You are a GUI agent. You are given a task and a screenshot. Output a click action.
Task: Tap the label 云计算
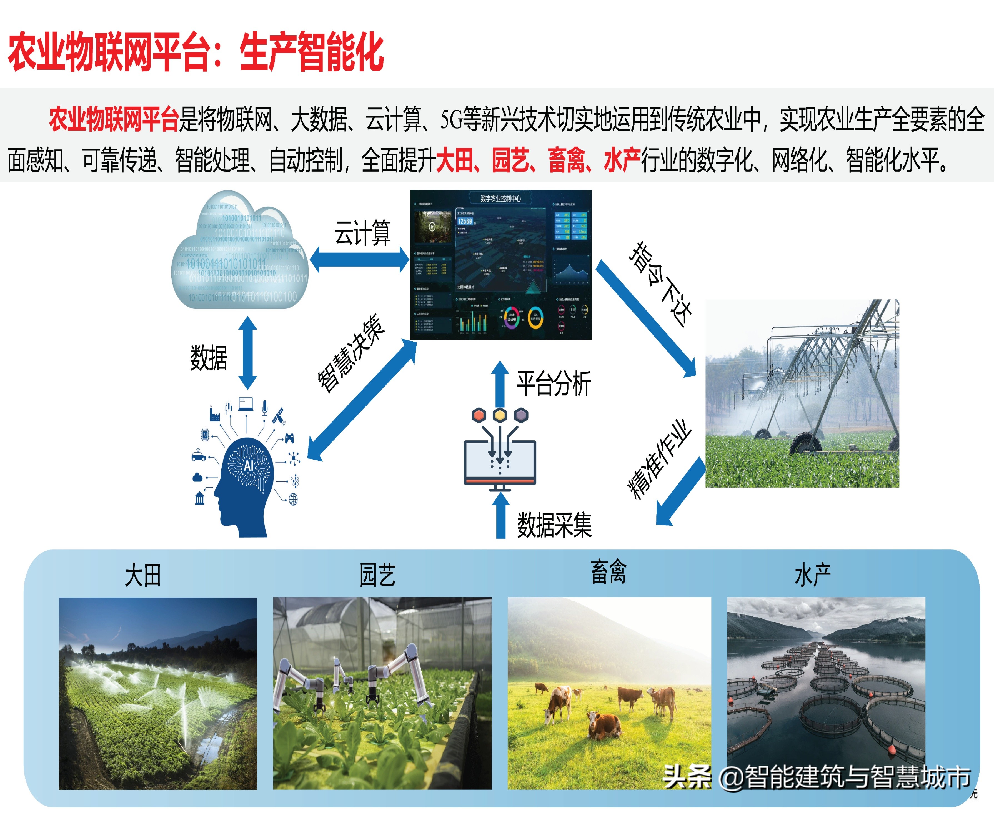point(362,233)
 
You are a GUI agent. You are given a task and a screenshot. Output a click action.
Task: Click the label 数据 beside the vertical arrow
point(209,358)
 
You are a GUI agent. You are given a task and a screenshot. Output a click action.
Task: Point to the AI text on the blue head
point(248,465)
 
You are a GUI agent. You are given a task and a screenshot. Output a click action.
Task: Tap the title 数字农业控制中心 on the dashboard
point(500,199)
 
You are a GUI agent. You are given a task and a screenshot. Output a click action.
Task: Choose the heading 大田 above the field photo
point(143,576)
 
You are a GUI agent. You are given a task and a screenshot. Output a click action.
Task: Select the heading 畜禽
point(608,572)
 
